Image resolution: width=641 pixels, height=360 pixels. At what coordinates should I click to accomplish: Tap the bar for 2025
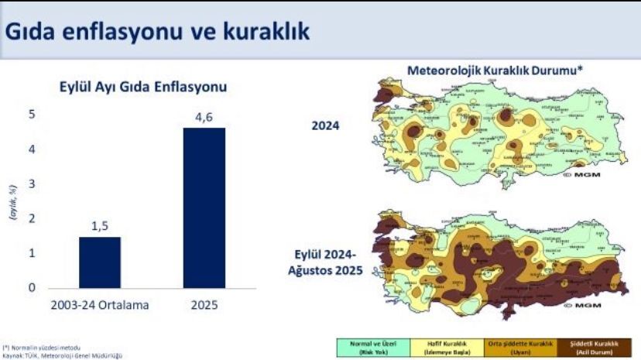tap(204, 207)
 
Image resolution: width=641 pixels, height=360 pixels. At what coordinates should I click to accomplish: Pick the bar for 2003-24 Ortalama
tap(99, 262)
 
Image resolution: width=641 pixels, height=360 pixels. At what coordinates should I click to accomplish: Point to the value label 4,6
tap(204, 118)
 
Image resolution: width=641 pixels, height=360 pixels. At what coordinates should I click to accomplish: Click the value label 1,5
tap(99, 226)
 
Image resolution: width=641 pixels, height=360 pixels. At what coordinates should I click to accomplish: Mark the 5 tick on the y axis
tap(32, 115)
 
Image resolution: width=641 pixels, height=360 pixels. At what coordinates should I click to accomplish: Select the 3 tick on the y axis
tap(32, 184)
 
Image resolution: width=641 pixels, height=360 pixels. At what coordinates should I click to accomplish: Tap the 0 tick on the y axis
tap(32, 288)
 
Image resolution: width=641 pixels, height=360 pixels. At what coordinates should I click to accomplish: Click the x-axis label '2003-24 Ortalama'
tap(99, 305)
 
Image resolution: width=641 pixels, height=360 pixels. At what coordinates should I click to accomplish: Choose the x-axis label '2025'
tap(204, 305)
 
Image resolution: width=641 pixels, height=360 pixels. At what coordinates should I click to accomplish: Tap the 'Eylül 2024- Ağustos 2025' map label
tap(326, 264)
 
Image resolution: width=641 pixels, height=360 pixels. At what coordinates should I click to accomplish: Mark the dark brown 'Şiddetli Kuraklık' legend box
tap(597, 345)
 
